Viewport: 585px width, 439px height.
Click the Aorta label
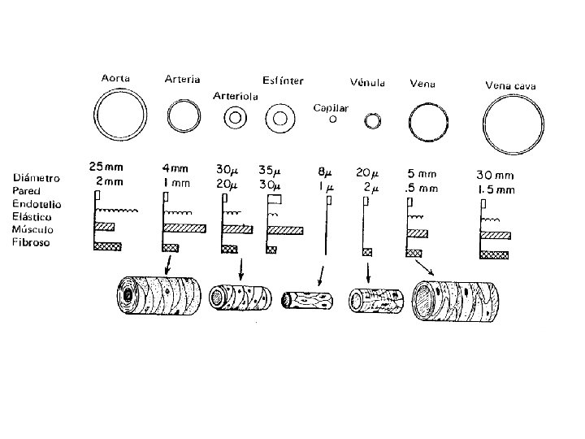coord(115,78)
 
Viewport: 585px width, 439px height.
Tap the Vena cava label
coord(510,86)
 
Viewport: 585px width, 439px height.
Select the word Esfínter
coord(283,80)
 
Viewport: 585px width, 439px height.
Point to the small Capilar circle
coord(333,119)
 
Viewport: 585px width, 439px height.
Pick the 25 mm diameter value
coord(106,167)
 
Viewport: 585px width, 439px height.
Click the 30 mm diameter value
coord(495,175)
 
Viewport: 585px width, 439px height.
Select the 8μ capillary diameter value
coord(324,172)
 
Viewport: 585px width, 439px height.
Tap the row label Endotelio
coord(37,204)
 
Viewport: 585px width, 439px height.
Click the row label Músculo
coord(32,229)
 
